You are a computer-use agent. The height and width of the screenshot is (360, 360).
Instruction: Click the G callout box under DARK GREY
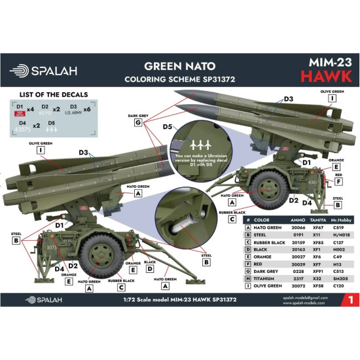pos(137,122)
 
